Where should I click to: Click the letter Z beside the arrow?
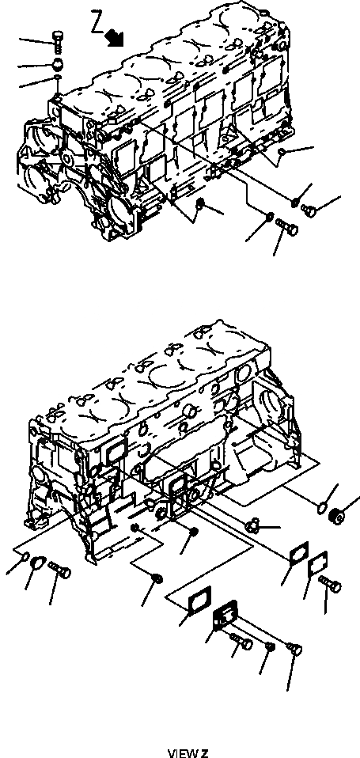97,23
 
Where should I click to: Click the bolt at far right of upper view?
309,209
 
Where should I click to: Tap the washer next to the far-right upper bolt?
295,203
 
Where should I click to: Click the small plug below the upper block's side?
199,207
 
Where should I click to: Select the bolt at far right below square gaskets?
330,585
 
